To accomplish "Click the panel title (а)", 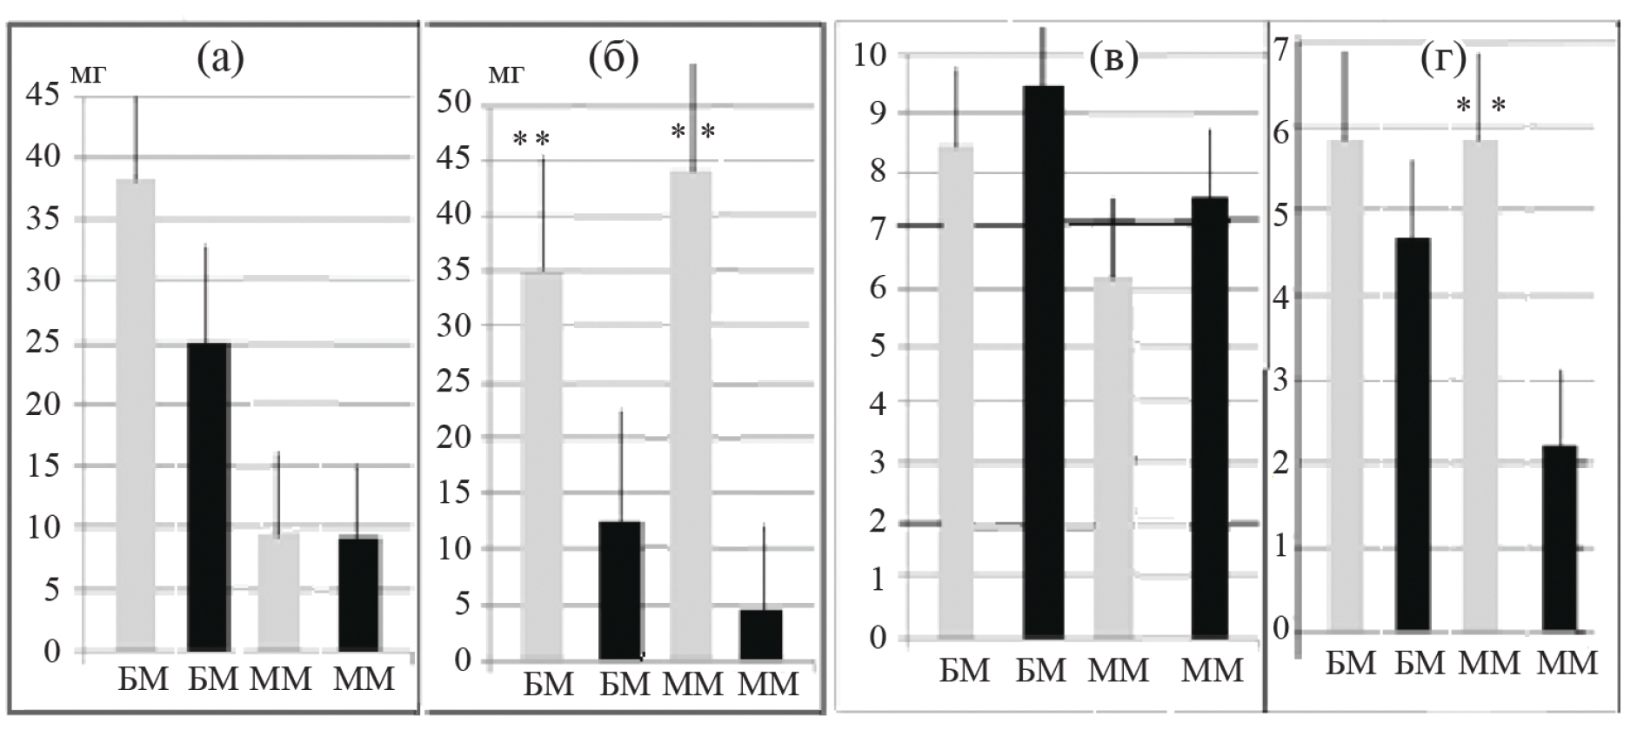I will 220,59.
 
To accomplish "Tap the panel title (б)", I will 613,59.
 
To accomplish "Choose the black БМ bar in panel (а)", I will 209,496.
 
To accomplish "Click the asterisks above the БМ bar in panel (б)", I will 531,138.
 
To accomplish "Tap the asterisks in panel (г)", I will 1480,107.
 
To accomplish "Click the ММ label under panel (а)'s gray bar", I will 280,679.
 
